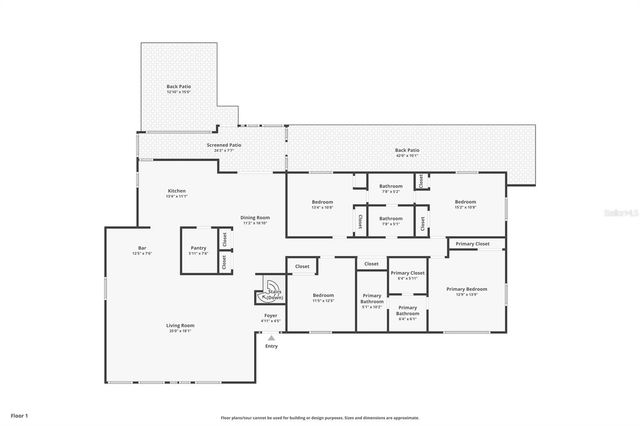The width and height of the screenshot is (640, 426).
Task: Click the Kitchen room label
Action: (177, 192)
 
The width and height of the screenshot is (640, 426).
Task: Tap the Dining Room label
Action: (255, 219)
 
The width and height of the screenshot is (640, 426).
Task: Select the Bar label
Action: (142, 250)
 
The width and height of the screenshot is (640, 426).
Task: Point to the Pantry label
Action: (199, 250)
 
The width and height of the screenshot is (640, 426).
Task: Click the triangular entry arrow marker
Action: (271, 337)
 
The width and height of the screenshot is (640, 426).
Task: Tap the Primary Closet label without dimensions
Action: (473, 244)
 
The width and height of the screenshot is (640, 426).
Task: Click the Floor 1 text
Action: (19, 414)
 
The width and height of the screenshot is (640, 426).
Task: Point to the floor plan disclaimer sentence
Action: (319, 418)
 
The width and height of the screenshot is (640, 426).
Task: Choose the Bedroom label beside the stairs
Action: (322, 296)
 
